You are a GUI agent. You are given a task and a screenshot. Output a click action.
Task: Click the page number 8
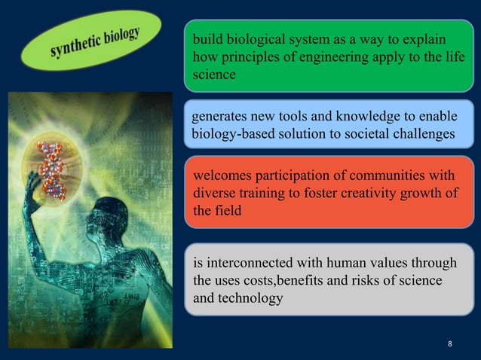pos(450,344)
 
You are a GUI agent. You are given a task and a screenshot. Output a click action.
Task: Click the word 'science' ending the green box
pos(215,75)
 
